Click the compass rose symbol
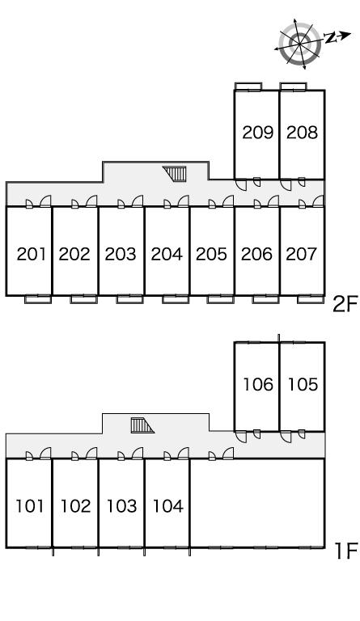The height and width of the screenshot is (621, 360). point(300,43)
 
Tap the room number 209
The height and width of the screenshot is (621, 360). point(258,133)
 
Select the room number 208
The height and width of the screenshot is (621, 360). point(303,133)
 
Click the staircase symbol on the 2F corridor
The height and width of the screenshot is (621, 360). point(175,173)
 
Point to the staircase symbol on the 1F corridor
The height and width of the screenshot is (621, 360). point(142,425)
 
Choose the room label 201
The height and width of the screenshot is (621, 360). point(32,254)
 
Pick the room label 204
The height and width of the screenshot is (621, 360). point(167,254)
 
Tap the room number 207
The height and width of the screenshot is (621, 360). point(302,254)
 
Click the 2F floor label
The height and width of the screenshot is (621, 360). point(345,305)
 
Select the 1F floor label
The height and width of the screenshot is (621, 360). point(346,551)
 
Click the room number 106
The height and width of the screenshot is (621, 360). point(258,384)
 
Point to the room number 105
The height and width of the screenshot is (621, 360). point(303,384)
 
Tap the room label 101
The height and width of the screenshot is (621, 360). point(30,505)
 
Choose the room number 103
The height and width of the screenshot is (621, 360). point(121,505)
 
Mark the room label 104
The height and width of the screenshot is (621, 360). point(168,505)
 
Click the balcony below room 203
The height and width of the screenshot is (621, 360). point(129,299)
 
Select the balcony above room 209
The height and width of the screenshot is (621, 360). point(248,87)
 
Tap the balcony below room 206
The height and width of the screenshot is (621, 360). point(265,299)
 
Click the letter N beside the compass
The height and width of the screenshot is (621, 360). point(330,38)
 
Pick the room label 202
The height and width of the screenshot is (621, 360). point(74,254)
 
